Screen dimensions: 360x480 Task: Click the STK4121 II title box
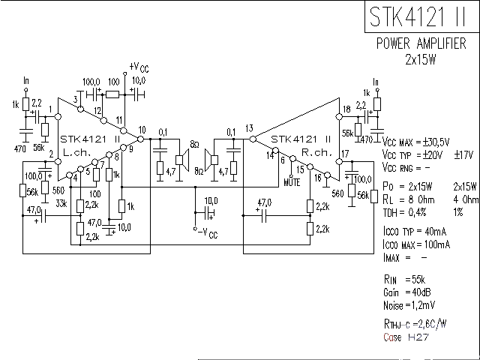point(421,17)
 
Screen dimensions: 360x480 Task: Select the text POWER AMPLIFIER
point(421,44)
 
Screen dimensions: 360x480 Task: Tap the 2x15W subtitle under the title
point(421,60)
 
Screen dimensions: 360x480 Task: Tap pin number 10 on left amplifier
point(142,130)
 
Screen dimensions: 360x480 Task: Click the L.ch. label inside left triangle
point(77,152)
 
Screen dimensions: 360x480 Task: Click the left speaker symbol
point(181,158)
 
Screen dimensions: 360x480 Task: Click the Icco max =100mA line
point(415,244)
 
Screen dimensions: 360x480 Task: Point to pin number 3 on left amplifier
point(76,100)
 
